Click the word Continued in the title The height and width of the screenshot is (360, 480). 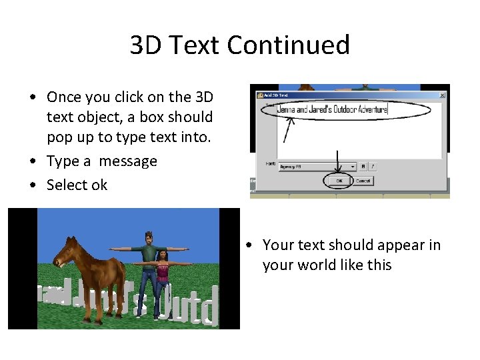(288, 45)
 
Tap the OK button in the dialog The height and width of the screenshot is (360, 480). (339, 181)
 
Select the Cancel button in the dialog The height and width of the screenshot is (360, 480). (363, 181)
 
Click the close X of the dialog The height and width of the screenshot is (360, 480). (442, 95)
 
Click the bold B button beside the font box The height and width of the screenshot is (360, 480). (363, 167)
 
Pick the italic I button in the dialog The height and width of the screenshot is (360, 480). (373, 167)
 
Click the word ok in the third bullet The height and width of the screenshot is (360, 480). (99, 185)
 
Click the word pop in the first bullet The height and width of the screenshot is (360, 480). (58, 138)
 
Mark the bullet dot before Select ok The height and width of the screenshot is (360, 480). (33, 185)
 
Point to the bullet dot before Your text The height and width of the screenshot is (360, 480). (248, 245)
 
